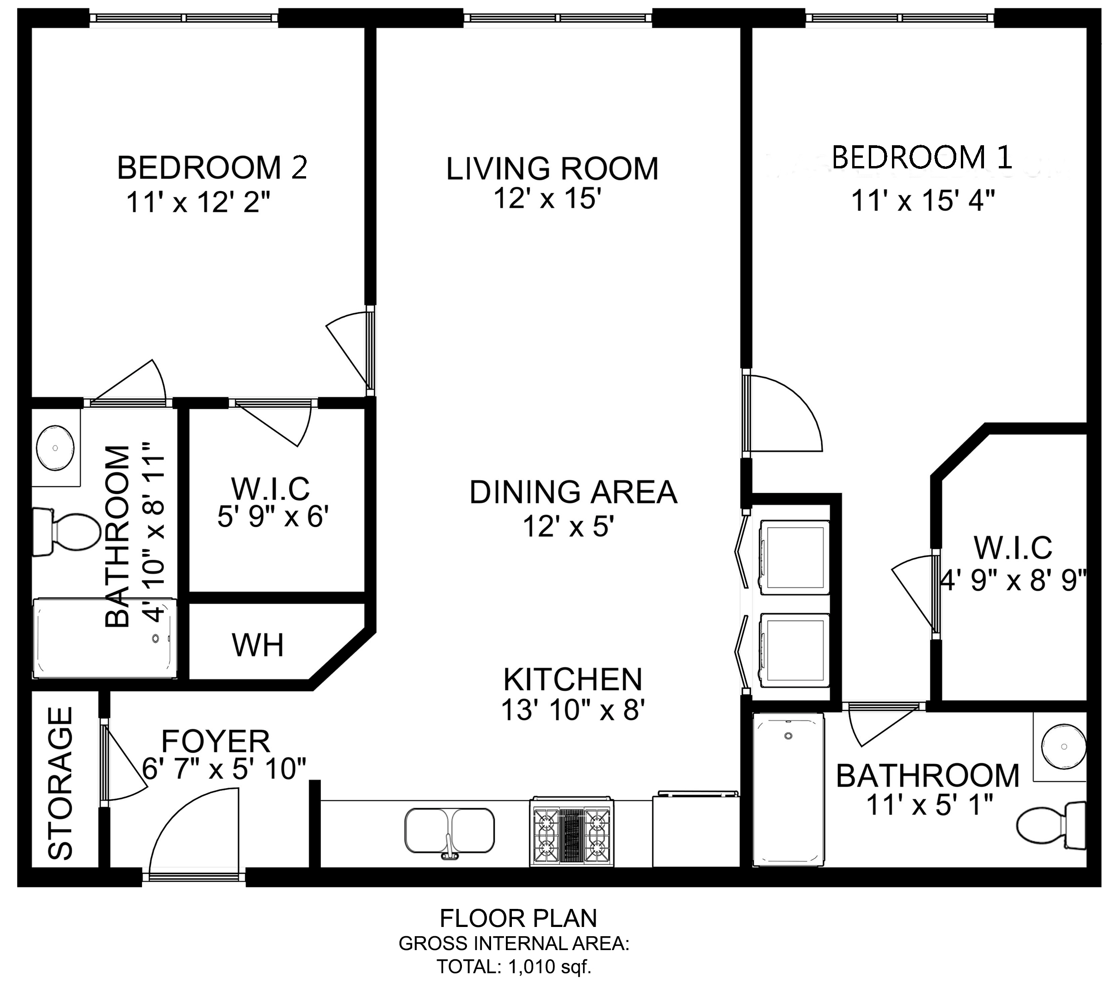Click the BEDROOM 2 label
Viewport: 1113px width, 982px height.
(212, 168)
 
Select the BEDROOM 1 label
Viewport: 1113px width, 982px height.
(921, 157)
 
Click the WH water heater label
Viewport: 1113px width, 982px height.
(258, 645)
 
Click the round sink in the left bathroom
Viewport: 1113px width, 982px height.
(55, 448)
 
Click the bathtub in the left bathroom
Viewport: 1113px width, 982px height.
(105, 639)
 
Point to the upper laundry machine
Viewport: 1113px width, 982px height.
(794, 556)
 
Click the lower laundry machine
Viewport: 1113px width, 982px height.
(794, 648)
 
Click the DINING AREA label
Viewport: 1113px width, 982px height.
(573, 492)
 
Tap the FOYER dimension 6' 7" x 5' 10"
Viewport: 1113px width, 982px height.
(224, 769)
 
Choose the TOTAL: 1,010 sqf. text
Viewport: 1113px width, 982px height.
(513, 966)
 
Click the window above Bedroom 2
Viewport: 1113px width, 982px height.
(184, 18)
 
